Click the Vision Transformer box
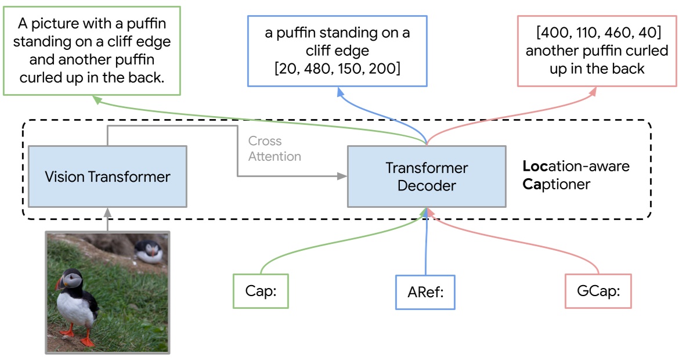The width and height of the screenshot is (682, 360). [107, 176]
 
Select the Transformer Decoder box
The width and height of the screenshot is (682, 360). [427, 176]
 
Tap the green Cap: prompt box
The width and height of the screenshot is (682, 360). [261, 291]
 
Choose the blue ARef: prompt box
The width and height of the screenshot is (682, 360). [425, 292]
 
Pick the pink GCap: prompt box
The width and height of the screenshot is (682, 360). [598, 291]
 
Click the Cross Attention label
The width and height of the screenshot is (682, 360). [275, 149]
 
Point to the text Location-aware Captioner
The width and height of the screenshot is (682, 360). [576, 176]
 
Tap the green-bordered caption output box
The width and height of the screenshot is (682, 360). [92, 50]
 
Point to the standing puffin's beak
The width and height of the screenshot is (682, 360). [60, 284]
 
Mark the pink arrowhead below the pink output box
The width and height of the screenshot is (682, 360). [595, 91]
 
